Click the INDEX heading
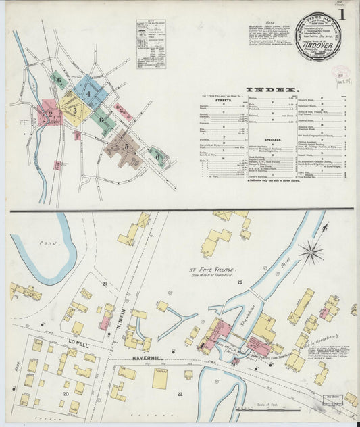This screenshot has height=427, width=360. [x=272, y=90]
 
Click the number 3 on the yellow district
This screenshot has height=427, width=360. [x=76, y=109]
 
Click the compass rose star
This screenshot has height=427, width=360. [x=310, y=253]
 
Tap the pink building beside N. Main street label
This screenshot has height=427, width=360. [x=105, y=321]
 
